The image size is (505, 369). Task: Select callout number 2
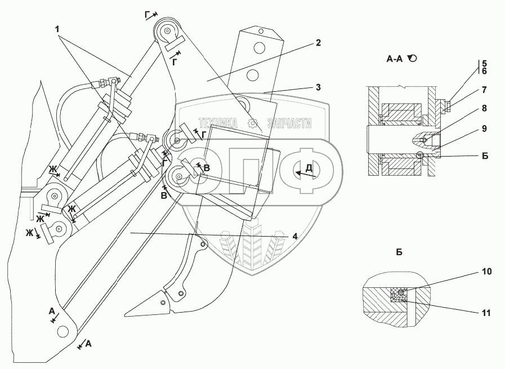coord(318,43)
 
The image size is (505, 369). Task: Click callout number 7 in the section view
coord(484,90)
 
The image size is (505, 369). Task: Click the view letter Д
coord(309,168)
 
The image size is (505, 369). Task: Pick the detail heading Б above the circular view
coord(399,252)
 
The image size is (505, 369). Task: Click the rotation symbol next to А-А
coord(414,58)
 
